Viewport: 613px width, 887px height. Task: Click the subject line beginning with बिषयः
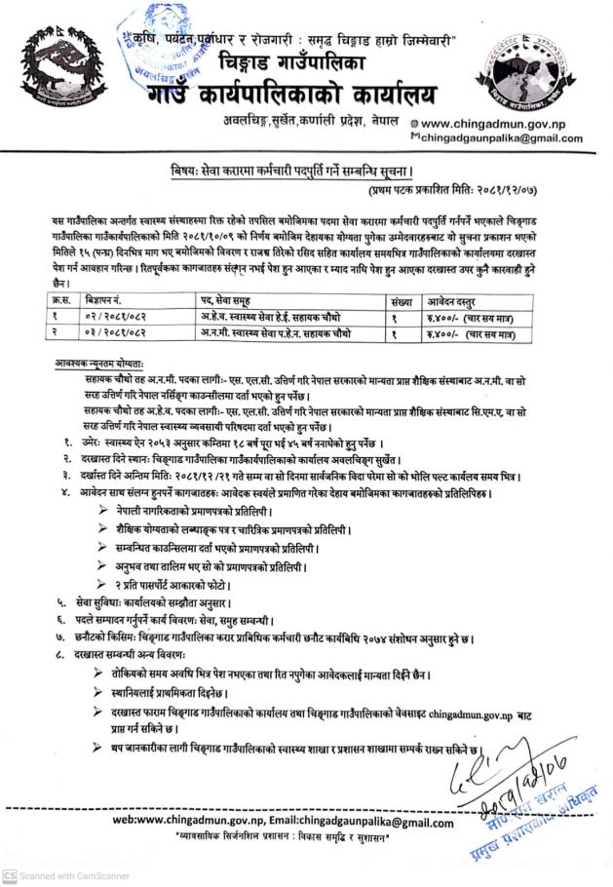(x=308, y=168)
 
